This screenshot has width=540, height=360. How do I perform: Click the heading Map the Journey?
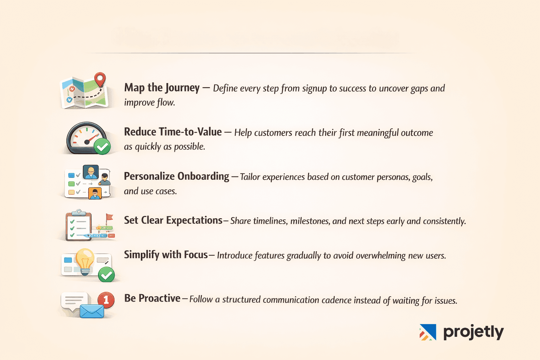[162, 88]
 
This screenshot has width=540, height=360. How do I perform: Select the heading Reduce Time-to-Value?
[173, 132]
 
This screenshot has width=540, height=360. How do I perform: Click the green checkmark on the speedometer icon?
[102, 146]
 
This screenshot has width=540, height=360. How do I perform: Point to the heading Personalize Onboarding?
[176, 176]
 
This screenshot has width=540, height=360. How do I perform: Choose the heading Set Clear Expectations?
[173, 220]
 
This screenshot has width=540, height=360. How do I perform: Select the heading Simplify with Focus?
[166, 255]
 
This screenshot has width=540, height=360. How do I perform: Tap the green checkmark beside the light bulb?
[106, 275]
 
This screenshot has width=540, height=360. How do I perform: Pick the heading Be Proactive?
[152, 298]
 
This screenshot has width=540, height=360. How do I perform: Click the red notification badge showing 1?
[106, 300]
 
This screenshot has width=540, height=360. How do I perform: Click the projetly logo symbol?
[427, 332]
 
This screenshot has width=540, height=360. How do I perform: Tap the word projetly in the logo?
[473, 332]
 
